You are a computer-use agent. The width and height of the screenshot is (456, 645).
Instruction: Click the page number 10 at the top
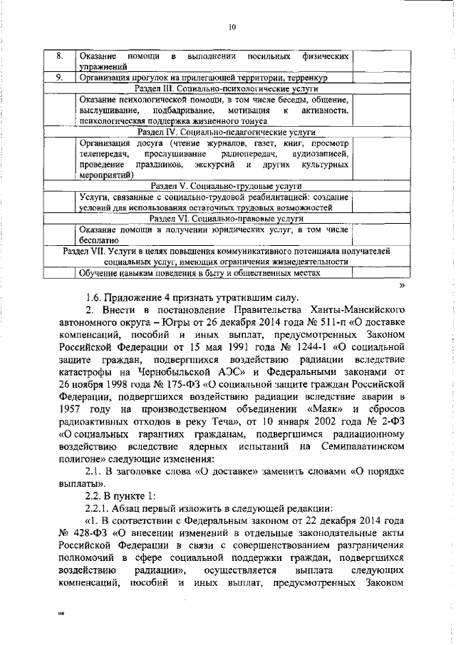click(232, 29)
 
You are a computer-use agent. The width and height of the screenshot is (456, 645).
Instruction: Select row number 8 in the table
click(61, 55)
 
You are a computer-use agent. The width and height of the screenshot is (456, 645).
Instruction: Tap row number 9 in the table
click(61, 77)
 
